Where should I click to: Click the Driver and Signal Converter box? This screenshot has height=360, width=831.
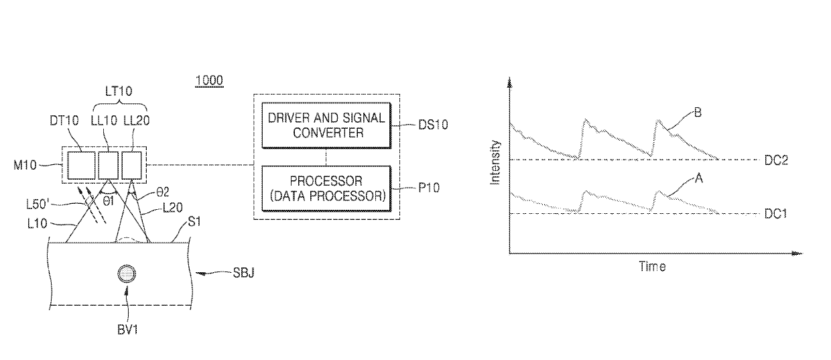point(326,125)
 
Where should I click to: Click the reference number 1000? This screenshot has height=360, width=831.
point(208,80)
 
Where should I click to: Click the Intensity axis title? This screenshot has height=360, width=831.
point(495,162)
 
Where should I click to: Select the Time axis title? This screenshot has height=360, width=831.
point(651,267)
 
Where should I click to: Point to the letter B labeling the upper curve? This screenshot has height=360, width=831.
point(698,113)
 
